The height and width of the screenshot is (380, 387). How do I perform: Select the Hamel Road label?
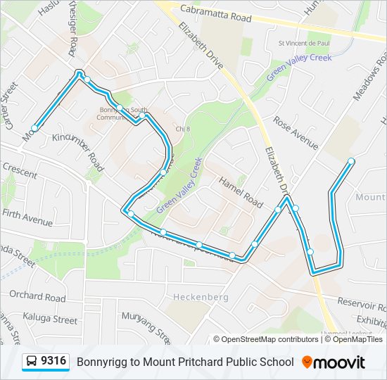[x=241, y=191]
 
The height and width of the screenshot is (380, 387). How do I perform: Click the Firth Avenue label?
[x=27, y=217]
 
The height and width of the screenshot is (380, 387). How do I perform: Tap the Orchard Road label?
[x=37, y=297]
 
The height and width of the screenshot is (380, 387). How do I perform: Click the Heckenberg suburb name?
[x=201, y=297]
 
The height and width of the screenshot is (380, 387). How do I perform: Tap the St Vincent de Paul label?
[x=304, y=44]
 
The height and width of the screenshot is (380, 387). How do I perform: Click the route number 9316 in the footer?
[x=54, y=362]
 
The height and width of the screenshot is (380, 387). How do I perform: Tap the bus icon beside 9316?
[x=32, y=362]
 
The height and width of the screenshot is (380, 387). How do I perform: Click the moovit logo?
[x=334, y=362]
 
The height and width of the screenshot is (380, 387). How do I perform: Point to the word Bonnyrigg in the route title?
[x=99, y=362]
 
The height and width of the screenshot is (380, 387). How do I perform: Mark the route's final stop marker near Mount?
[x=351, y=161]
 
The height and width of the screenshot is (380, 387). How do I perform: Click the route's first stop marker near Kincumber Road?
[x=34, y=127]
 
